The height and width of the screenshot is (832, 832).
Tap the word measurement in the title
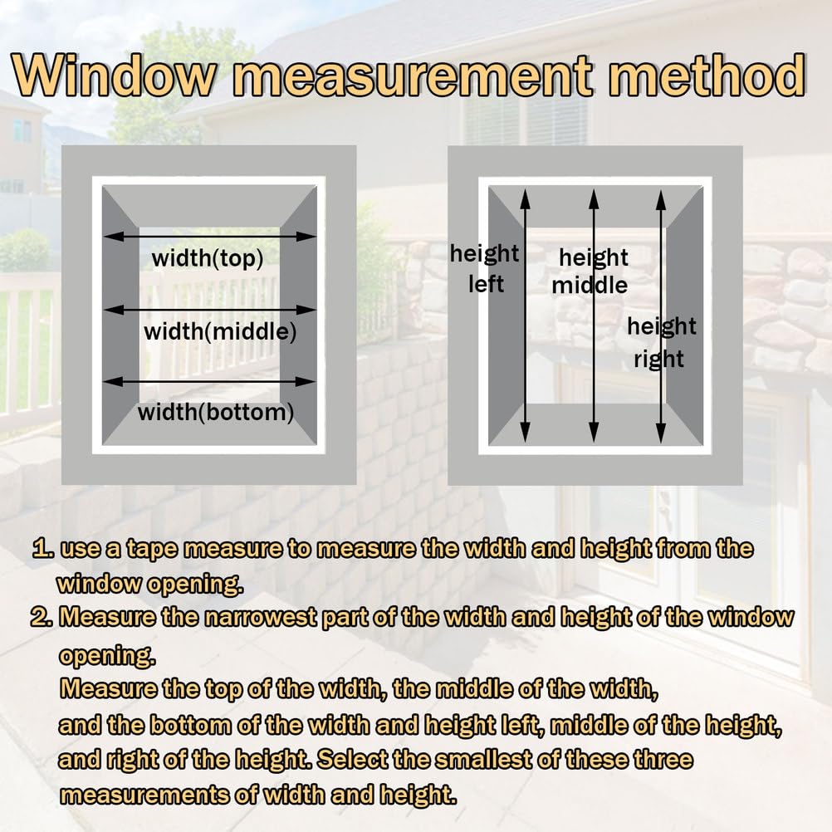(x=412, y=76)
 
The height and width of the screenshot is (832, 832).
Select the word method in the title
(x=707, y=76)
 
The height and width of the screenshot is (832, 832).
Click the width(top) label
(x=208, y=259)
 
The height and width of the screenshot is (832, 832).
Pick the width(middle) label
(x=220, y=332)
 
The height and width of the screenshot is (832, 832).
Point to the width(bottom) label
(x=216, y=413)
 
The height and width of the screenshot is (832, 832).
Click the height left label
(x=484, y=268)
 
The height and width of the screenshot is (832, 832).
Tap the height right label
(x=661, y=342)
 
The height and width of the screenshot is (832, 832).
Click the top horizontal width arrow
(x=209, y=236)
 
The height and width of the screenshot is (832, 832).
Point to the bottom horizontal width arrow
(x=209, y=381)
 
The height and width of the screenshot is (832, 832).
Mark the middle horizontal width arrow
(x=209, y=310)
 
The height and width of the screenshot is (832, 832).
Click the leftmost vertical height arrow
(x=525, y=316)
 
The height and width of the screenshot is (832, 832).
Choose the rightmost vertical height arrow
(x=661, y=316)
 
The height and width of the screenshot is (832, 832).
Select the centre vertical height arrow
(x=594, y=316)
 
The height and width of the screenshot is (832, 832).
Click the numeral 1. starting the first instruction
(x=43, y=548)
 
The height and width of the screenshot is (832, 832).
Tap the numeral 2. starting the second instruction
(x=42, y=617)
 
